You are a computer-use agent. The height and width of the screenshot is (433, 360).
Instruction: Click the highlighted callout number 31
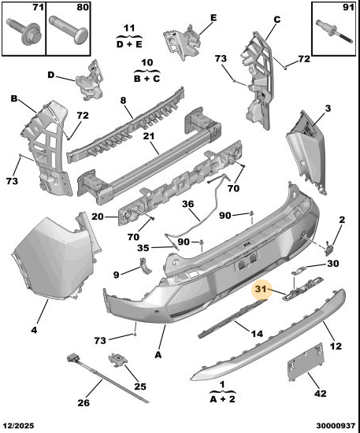click(261, 289)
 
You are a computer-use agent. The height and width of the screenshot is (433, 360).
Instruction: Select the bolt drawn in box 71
click(24, 31)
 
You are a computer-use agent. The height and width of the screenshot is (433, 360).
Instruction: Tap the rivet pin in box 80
click(68, 31)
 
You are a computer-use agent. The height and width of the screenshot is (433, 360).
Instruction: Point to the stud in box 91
click(334, 31)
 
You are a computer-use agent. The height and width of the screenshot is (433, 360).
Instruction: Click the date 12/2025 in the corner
click(18, 426)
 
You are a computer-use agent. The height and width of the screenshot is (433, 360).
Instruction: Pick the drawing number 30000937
click(336, 426)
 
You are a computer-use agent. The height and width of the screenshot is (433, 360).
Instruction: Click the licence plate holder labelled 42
click(306, 362)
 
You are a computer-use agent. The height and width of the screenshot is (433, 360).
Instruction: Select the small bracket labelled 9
click(145, 265)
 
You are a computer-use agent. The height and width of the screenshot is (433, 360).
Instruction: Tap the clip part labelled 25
click(117, 360)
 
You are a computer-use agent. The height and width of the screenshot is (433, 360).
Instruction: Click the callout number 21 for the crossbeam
click(149, 136)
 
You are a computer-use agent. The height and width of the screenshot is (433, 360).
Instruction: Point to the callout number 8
click(123, 101)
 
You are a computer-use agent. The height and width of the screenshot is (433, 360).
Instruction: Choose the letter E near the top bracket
click(213, 17)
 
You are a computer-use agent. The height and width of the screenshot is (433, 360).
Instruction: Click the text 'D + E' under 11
click(129, 44)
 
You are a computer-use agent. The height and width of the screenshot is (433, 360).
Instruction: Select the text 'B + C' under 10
click(147, 79)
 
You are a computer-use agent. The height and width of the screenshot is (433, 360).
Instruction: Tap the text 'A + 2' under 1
click(223, 399)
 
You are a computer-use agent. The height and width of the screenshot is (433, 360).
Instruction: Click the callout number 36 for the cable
click(187, 204)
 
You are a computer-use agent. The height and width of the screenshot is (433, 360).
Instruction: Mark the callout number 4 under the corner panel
click(34, 330)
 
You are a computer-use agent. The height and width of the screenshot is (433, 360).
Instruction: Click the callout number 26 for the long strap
click(84, 402)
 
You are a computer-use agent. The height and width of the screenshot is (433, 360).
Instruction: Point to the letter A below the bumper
click(158, 354)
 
